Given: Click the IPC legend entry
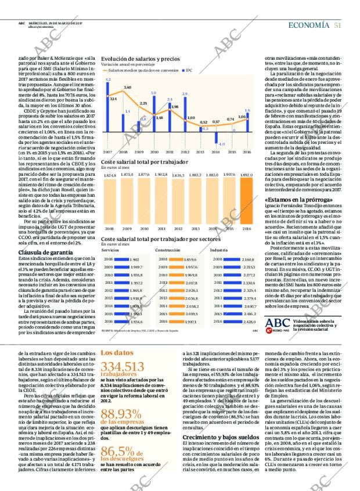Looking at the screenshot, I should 189,70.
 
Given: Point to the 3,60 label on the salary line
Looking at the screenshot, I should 127,87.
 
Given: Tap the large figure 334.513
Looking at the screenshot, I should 122,366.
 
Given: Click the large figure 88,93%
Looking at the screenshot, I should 121,414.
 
